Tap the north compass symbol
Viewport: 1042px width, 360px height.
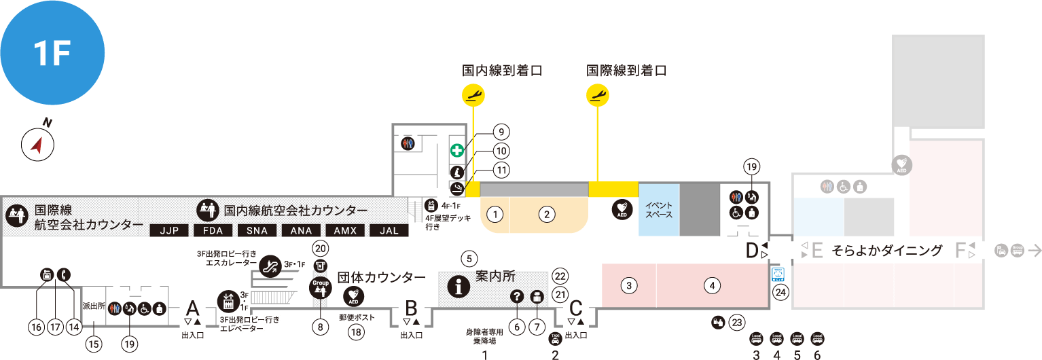click(37, 145)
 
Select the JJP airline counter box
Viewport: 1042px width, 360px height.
click(168, 230)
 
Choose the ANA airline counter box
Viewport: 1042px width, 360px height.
click(301, 230)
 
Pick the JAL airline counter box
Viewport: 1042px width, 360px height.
click(389, 230)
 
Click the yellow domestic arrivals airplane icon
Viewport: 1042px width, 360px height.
click(473, 94)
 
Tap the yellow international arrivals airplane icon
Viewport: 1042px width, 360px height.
click(597, 94)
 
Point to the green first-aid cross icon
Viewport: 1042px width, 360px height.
click(457, 150)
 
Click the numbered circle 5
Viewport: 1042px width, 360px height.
click(469, 258)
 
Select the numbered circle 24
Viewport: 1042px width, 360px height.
click(781, 293)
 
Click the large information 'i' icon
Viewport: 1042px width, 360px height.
click(461, 288)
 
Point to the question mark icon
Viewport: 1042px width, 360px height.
click(516, 296)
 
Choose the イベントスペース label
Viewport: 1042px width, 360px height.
click(658, 209)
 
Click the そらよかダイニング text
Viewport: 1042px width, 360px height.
click(887, 251)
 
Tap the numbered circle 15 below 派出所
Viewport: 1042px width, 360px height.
click(94, 344)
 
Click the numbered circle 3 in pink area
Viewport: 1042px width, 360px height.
click(630, 285)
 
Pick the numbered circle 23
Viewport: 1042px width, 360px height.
click(737, 323)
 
